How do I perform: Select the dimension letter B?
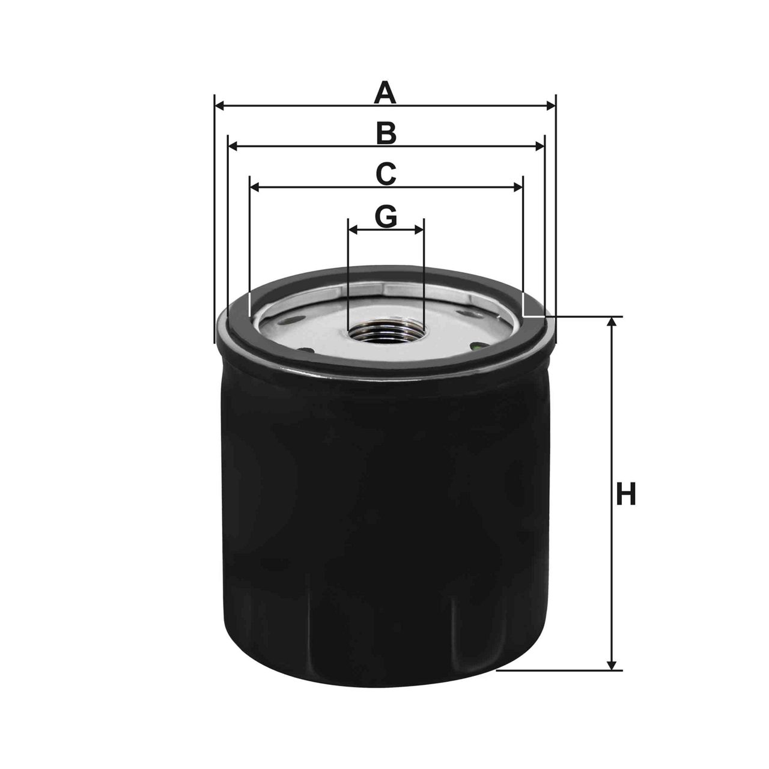[386, 133]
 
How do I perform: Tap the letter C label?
[386, 174]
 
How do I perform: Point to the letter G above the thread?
[386, 216]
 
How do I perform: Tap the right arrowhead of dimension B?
[539, 147]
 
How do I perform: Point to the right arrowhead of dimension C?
[518, 188]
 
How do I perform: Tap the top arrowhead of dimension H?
[612, 322]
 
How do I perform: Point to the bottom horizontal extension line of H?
[559, 670]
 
